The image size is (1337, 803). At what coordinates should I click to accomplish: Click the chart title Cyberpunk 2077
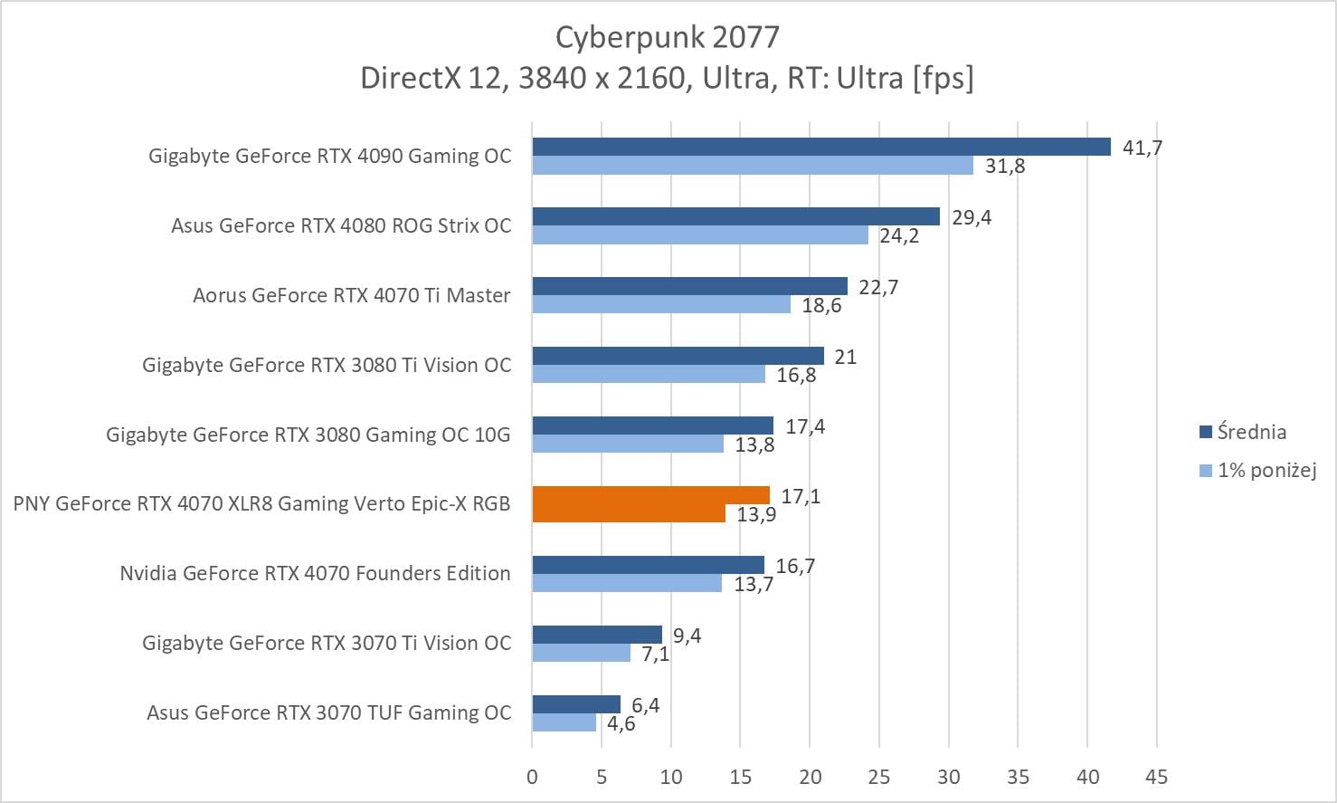click(x=667, y=37)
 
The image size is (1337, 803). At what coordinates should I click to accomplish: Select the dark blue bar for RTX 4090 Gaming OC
click(x=820, y=147)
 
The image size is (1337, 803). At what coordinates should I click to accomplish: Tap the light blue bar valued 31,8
click(x=752, y=166)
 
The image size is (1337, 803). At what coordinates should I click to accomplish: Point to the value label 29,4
click(x=971, y=217)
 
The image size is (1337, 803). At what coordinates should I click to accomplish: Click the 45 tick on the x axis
click(x=1156, y=777)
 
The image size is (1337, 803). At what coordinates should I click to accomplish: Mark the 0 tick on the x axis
click(x=532, y=777)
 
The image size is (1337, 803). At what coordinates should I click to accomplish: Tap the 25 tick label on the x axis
click(x=878, y=777)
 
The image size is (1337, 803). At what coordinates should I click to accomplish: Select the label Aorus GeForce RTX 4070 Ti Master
click(x=351, y=295)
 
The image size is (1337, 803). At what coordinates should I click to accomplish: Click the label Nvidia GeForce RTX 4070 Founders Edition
click(x=315, y=573)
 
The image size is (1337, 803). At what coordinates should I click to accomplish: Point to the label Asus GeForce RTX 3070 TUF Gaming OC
click(x=328, y=712)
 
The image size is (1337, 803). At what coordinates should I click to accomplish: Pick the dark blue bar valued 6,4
click(x=576, y=704)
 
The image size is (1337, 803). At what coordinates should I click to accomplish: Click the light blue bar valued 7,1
click(x=581, y=653)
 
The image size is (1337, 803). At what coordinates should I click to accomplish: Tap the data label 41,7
click(x=1142, y=148)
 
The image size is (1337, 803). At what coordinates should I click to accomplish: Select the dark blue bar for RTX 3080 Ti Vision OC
click(x=678, y=356)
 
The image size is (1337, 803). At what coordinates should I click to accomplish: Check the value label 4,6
click(x=621, y=724)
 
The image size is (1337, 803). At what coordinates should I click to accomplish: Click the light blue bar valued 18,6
click(x=660, y=304)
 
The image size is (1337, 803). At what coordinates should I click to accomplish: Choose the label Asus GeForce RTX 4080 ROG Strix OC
click(x=341, y=225)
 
